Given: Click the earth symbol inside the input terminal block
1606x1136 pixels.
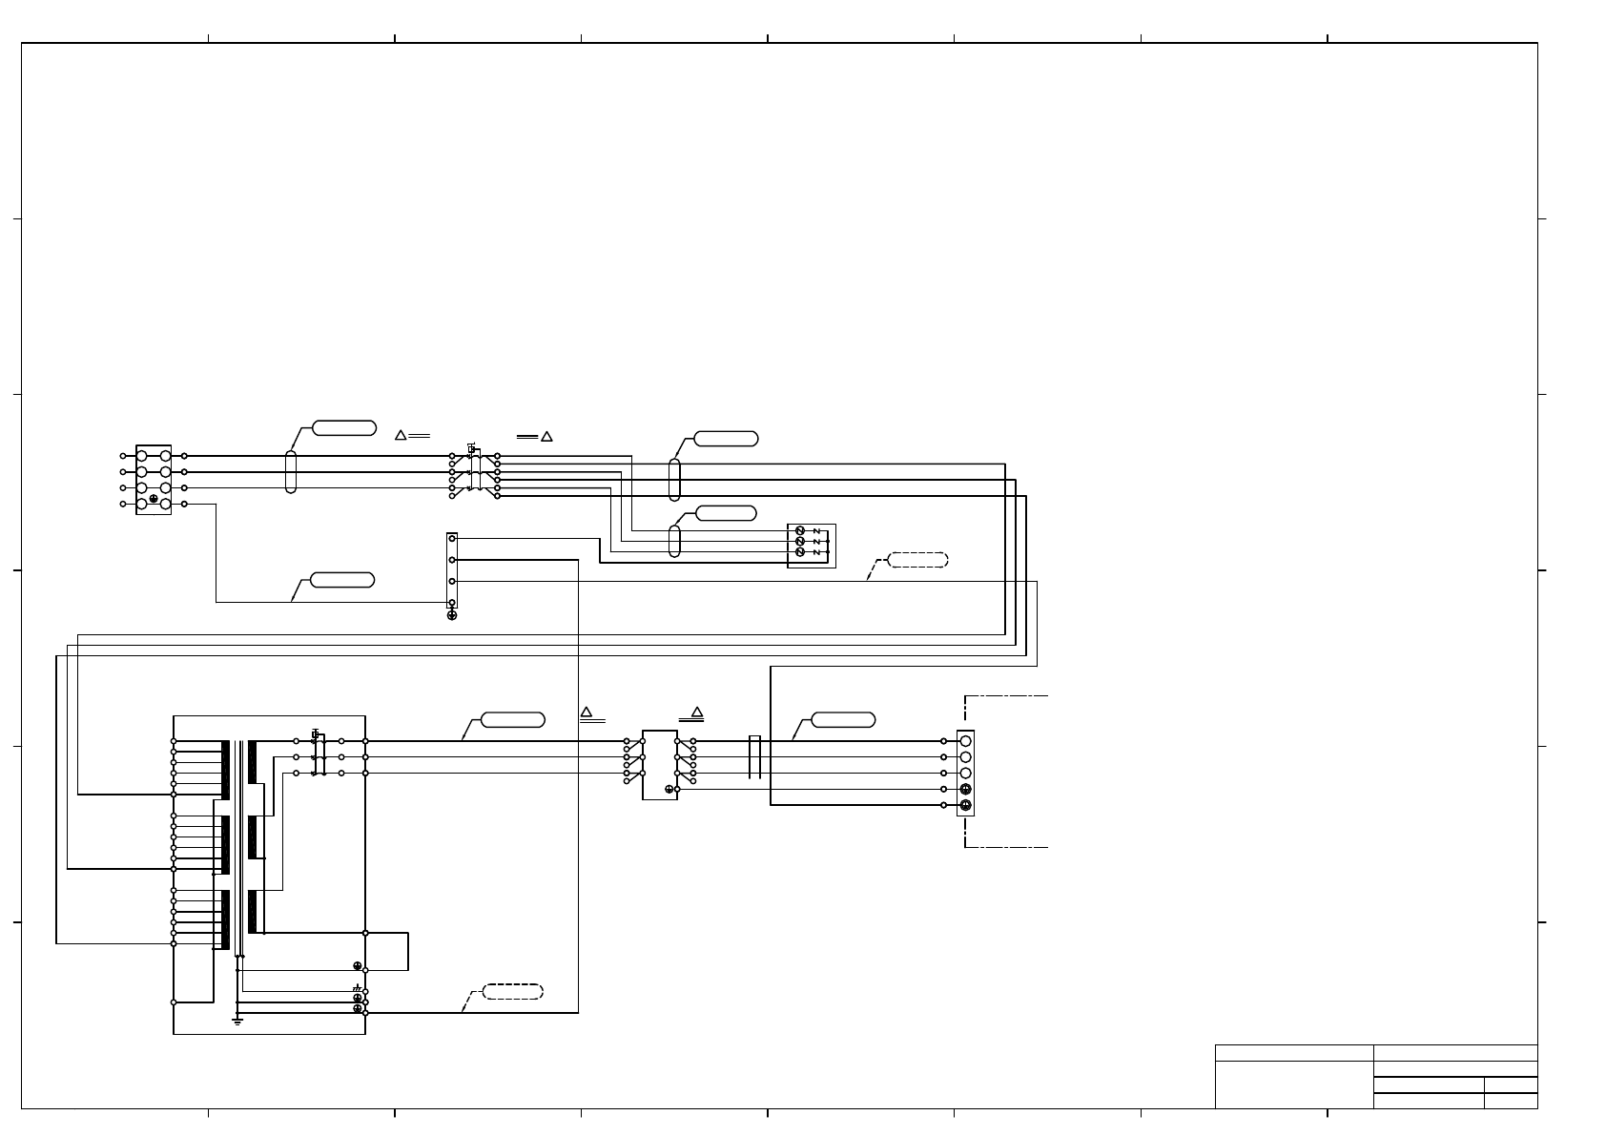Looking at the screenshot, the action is tap(154, 499).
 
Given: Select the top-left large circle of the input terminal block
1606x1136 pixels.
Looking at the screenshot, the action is tap(142, 456).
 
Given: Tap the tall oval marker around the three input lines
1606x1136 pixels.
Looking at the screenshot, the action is tap(291, 471).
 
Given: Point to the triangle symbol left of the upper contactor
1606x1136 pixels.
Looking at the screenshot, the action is tap(401, 435).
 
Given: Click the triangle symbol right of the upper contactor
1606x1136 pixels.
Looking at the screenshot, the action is tap(546, 436).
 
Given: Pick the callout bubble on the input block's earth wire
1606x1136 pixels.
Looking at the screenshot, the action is tap(342, 580).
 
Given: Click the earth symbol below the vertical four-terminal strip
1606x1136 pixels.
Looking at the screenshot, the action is tap(452, 615).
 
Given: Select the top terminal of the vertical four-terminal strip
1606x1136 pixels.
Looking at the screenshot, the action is tap(452, 539).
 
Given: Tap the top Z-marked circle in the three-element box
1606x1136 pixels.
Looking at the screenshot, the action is tap(800, 530).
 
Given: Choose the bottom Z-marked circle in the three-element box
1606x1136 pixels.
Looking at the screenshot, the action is tap(800, 552).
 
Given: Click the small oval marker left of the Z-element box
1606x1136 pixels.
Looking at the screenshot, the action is tap(675, 541).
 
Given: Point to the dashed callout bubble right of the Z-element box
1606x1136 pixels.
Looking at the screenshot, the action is tap(917, 560).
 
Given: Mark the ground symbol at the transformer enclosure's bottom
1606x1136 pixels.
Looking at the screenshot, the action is tap(237, 1021).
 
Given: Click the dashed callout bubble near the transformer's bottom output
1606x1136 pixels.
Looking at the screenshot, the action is tap(513, 991).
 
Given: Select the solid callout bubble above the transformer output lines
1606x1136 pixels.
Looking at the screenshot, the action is tap(513, 719).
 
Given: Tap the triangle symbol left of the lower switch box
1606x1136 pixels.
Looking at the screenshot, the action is tap(587, 712).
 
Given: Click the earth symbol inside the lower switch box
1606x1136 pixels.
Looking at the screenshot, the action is tap(669, 789).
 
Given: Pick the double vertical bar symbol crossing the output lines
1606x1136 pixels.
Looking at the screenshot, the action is tap(754, 757).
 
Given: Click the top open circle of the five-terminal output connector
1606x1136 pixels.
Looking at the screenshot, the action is tap(965, 741).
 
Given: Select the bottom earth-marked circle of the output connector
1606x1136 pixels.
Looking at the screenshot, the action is tap(965, 806).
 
